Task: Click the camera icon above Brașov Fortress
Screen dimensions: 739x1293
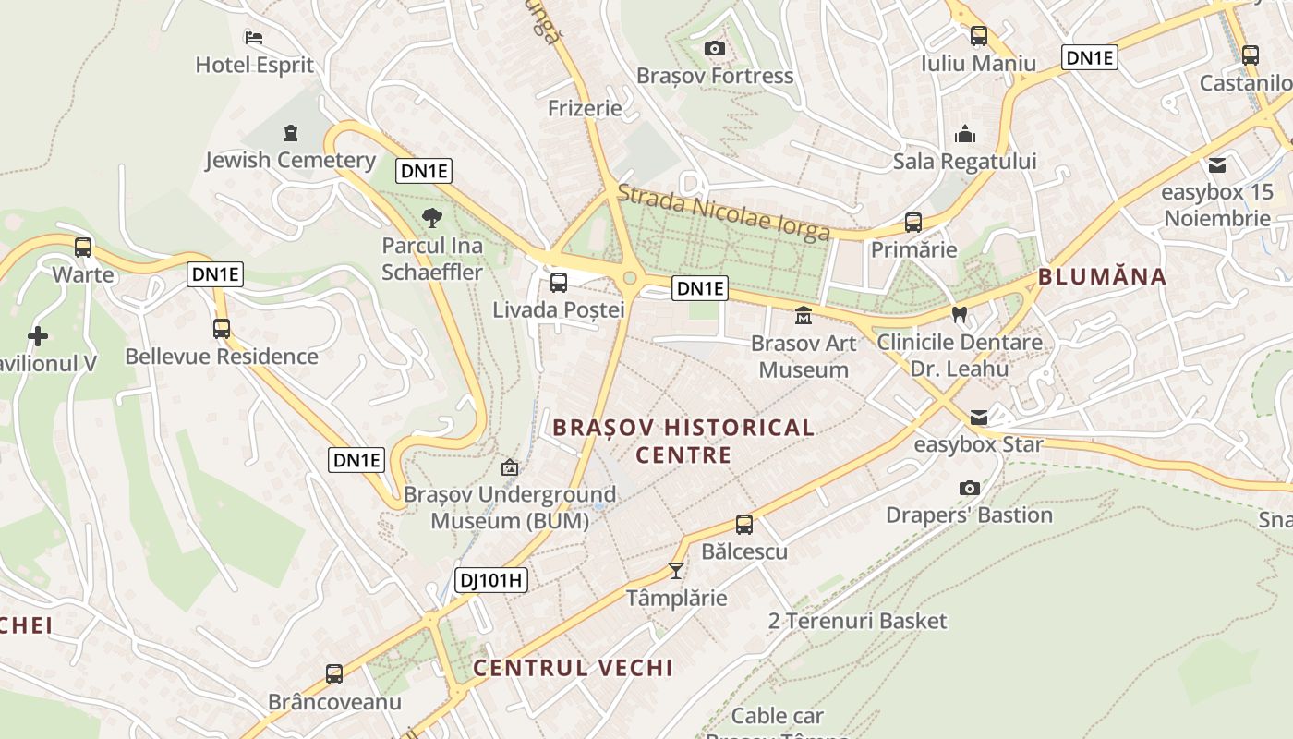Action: pyautogui.click(x=714, y=49)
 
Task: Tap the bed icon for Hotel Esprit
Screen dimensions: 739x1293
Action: pyautogui.click(x=254, y=38)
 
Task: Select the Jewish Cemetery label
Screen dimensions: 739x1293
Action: pyautogui.click(x=290, y=160)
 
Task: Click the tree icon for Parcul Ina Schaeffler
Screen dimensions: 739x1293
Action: pyautogui.click(x=430, y=219)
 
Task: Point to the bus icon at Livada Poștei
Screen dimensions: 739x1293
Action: pyautogui.click(x=558, y=283)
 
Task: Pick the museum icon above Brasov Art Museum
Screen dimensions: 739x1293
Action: pyautogui.click(x=803, y=316)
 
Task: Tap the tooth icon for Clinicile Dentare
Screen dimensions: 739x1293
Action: pyautogui.click(x=959, y=314)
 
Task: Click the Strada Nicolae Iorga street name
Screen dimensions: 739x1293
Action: pyautogui.click(x=723, y=212)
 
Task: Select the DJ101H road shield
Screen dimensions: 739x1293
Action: pyautogui.click(x=491, y=580)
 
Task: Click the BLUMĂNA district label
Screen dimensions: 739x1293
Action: pyautogui.click(x=1102, y=276)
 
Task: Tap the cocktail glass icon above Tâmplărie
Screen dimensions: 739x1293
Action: pyautogui.click(x=676, y=570)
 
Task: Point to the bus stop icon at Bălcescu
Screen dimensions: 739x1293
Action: pyautogui.click(x=744, y=525)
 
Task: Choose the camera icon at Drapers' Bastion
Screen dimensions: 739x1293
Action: pyautogui.click(x=969, y=488)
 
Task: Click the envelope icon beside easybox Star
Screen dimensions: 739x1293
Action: pyautogui.click(x=978, y=418)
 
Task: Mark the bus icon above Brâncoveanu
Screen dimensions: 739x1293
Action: pyautogui.click(x=334, y=674)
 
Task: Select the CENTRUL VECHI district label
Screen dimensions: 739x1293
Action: pyautogui.click(x=573, y=668)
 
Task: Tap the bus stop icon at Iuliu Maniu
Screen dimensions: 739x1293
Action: pyautogui.click(x=978, y=36)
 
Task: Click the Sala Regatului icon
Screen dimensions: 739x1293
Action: pyautogui.click(x=965, y=135)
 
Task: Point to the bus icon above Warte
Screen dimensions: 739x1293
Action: pyautogui.click(x=83, y=248)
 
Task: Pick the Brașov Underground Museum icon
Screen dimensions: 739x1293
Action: pyautogui.click(x=509, y=468)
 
